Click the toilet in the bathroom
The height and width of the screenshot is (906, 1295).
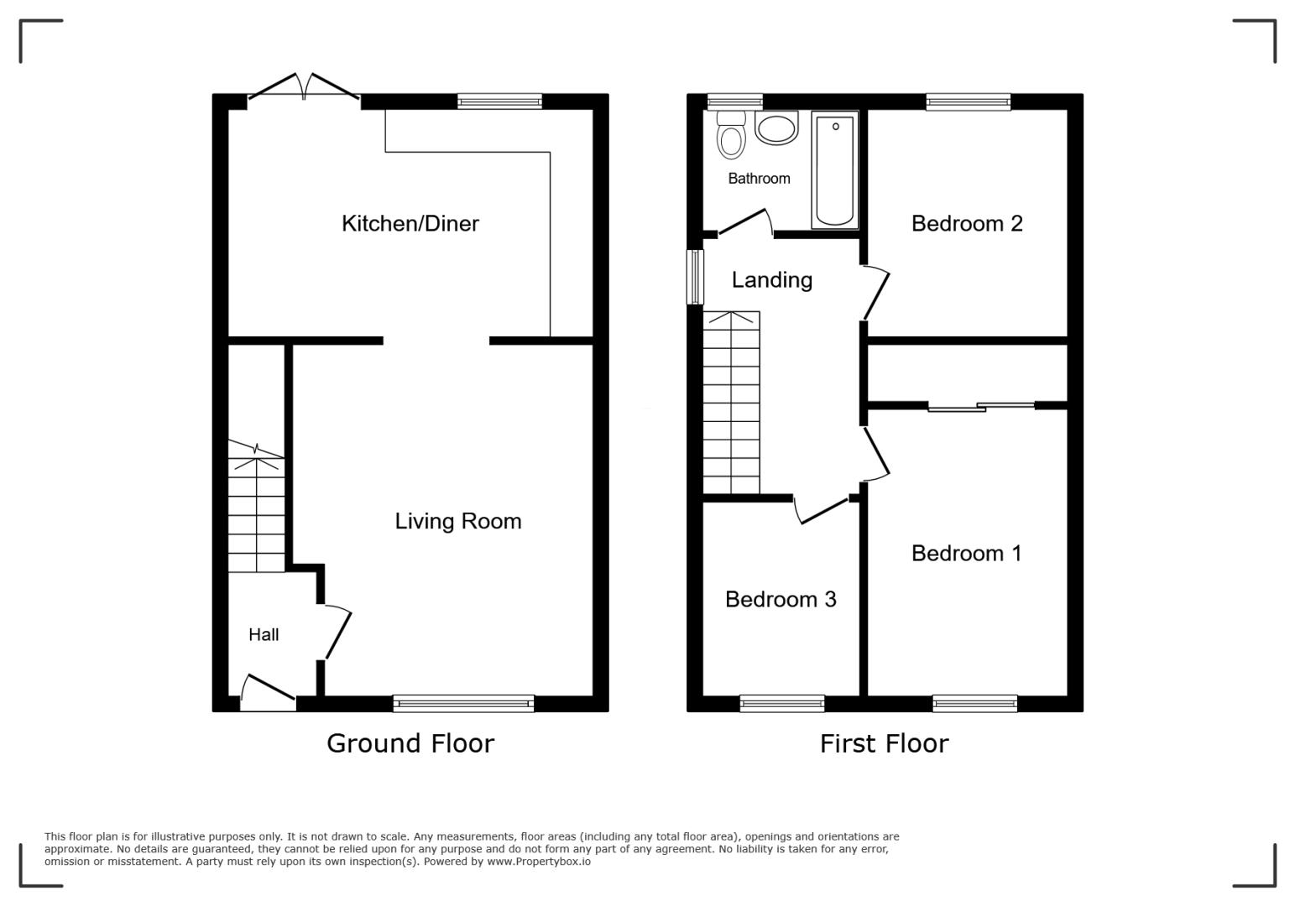click(731, 134)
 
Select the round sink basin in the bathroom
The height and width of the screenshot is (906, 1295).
click(776, 128)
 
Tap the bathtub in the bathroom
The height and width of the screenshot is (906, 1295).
click(835, 169)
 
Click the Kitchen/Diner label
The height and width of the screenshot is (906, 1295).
click(410, 224)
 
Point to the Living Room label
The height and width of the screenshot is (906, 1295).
click(458, 521)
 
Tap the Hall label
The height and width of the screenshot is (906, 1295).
click(264, 635)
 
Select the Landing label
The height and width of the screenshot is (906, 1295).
click(772, 280)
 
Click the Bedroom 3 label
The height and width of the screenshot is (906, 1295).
click(781, 599)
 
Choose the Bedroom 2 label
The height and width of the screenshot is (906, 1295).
click(967, 224)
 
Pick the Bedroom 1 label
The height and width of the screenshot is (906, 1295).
click(967, 554)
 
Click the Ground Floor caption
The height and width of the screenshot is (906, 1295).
click(410, 743)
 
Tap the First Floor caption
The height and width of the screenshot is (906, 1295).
click(885, 743)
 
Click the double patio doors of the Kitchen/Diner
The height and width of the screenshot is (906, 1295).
click(304, 92)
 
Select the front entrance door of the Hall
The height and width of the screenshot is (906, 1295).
click(269, 693)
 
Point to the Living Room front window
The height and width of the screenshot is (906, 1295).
click(463, 703)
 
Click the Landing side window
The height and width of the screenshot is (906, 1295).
click(696, 277)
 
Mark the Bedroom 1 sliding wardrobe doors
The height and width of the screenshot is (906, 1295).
click(981, 406)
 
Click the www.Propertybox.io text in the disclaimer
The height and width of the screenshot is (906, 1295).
click(539, 862)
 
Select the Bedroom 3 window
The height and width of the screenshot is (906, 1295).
click(782, 703)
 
